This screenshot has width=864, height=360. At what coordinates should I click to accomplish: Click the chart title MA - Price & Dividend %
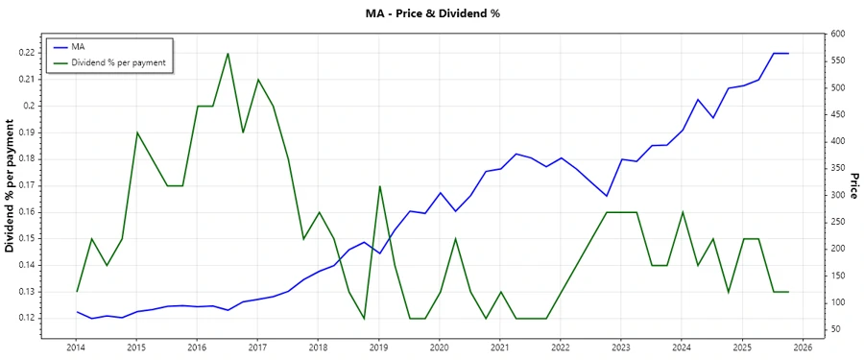tap(433, 13)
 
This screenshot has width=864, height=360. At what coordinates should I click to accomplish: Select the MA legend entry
tap(79, 46)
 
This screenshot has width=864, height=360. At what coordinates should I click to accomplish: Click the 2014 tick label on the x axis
tap(75, 348)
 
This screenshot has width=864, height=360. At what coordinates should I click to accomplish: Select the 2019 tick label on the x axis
tap(378, 348)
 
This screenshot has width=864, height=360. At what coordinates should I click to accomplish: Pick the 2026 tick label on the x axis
tap(804, 348)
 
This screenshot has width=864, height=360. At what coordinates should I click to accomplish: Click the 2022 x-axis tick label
tap(561, 348)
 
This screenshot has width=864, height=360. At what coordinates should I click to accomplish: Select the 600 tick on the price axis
tap(835, 35)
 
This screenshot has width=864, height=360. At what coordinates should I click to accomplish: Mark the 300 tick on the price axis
tap(835, 195)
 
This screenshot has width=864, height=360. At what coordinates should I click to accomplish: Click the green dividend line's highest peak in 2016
tap(228, 53)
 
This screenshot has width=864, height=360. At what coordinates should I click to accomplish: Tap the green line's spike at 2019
tap(379, 186)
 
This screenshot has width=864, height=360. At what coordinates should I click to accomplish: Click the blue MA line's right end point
tap(788, 53)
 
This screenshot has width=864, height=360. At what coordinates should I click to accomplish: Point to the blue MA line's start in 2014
tap(77, 312)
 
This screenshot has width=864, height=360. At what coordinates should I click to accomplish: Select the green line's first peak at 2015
tap(137, 132)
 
